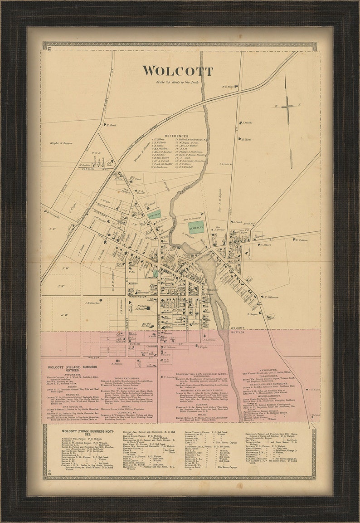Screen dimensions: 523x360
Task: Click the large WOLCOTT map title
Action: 177,71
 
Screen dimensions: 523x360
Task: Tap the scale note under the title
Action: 177,82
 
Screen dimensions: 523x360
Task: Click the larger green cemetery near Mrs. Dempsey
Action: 196,227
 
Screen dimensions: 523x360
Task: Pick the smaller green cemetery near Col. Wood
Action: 155,215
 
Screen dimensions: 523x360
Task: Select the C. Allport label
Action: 265,244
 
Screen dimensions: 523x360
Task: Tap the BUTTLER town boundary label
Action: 237,332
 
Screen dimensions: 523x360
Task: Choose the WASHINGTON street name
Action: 137,297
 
